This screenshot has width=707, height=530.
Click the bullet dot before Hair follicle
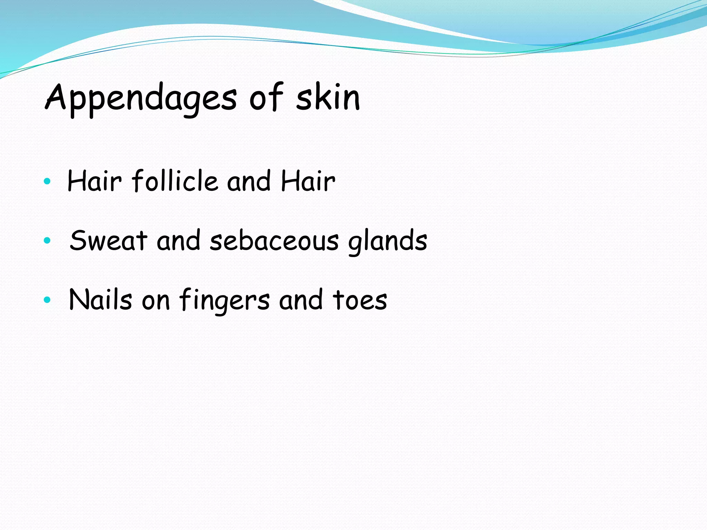[x=47, y=181]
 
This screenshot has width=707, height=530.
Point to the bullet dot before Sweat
[x=47, y=240]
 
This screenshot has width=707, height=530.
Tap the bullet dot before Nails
[x=47, y=300]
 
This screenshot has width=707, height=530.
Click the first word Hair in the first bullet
[x=94, y=181]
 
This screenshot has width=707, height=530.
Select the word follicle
[x=175, y=181]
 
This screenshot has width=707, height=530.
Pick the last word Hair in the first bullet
[x=308, y=181]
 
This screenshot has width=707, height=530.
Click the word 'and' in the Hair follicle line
[x=249, y=181]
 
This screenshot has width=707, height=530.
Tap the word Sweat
[x=108, y=240]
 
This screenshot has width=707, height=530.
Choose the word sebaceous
[x=274, y=241]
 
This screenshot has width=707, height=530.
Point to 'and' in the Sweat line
[x=178, y=241]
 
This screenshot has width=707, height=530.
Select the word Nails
[x=100, y=300]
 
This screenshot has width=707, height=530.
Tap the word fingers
[x=224, y=300]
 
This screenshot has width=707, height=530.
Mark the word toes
[x=360, y=300]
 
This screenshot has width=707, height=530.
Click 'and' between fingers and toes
[x=301, y=300]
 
